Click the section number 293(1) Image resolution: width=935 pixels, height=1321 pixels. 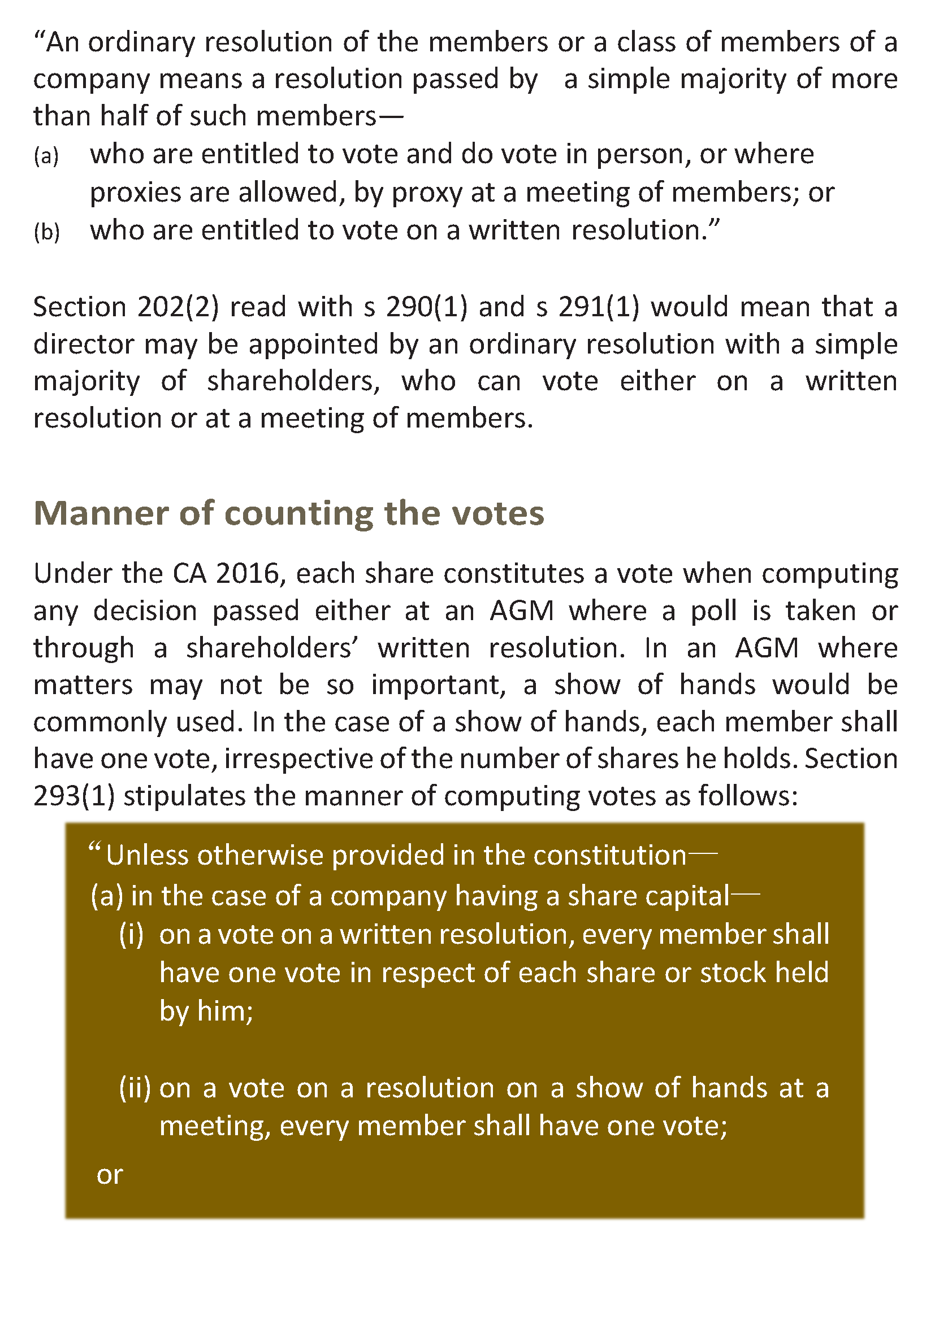[x=74, y=796]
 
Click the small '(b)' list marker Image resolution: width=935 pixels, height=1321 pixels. [x=46, y=232]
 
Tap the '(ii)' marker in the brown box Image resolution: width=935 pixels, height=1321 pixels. [x=135, y=1088]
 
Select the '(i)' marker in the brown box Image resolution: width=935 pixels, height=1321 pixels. [x=131, y=934]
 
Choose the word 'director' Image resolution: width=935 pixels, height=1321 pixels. [x=84, y=345]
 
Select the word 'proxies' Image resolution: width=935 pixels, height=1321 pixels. [x=135, y=193]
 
